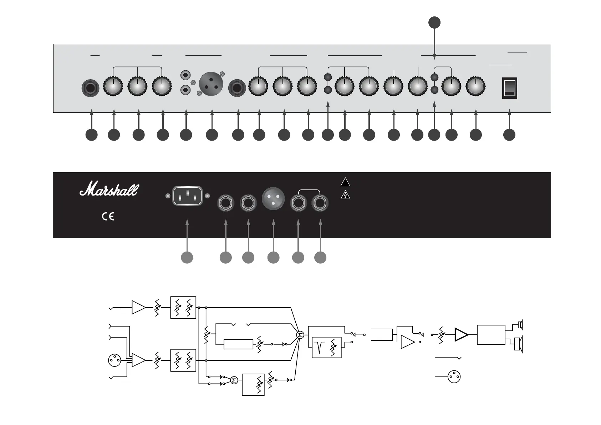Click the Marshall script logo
(x=109, y=189)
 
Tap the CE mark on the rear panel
(x=108, y=217)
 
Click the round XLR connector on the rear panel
(x=273, y=197)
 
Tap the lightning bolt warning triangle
(x=345, y=195)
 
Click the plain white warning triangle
(x=345, y=182)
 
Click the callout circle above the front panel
(x=434, y=22)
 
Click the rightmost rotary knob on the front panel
(x=475, y=86)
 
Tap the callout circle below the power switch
(x=509, y=135)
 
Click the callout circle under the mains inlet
(x=187, y=257)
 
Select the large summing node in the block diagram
(x=300, y=335)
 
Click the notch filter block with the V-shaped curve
(x=326, y=347)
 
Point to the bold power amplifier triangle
(x=461, y=335)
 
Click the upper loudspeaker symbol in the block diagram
(x=520, y=325)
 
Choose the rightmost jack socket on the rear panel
(x=321, y=203)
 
